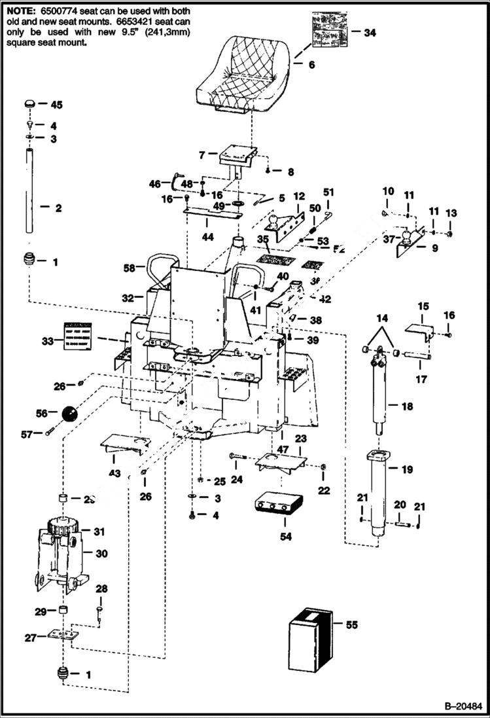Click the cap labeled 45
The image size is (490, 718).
29,105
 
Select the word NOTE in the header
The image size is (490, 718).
20,11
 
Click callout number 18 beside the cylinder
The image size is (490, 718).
407,406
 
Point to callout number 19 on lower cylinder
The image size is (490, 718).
408,469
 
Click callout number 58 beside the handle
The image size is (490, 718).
130,268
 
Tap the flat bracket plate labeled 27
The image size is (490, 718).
63,634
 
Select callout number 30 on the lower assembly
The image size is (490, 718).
101,553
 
